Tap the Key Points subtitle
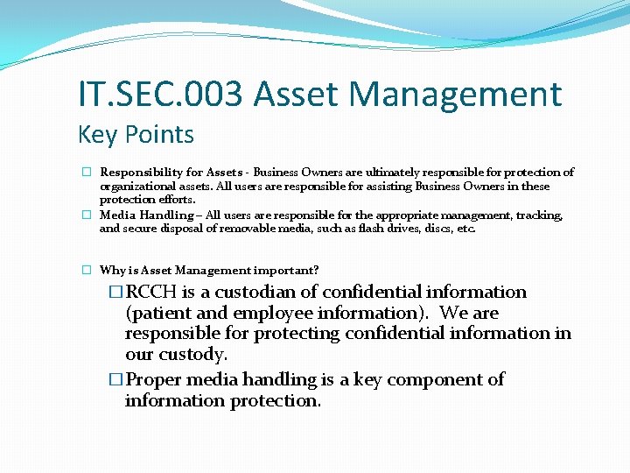(136, 135)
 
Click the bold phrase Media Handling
(146, 215)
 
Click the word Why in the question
(110, 271)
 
